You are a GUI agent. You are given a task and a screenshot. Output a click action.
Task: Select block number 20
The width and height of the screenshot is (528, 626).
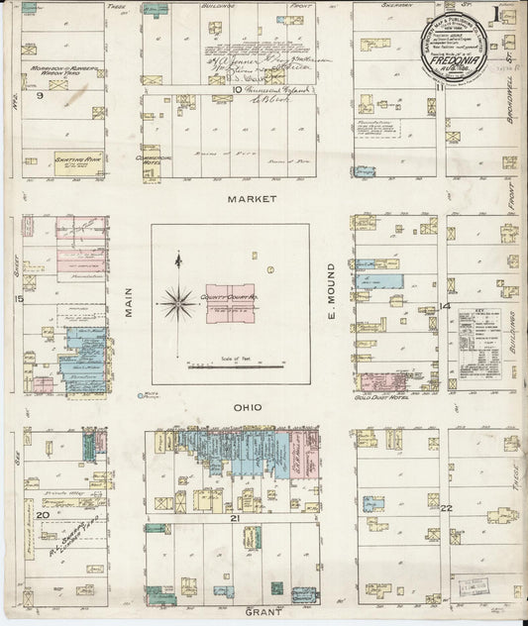[42, 515]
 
